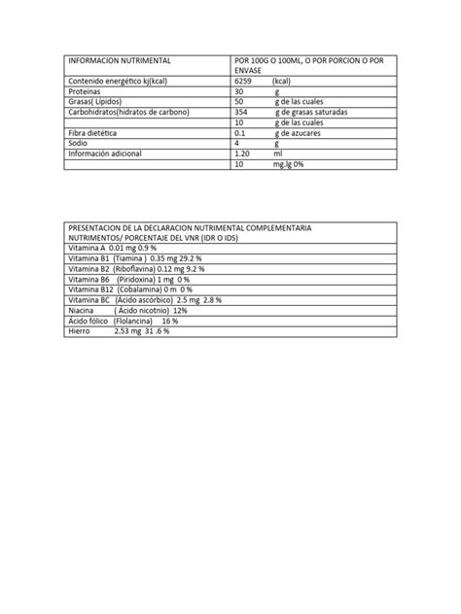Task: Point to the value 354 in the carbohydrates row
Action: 242,112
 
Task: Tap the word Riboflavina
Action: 137,269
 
